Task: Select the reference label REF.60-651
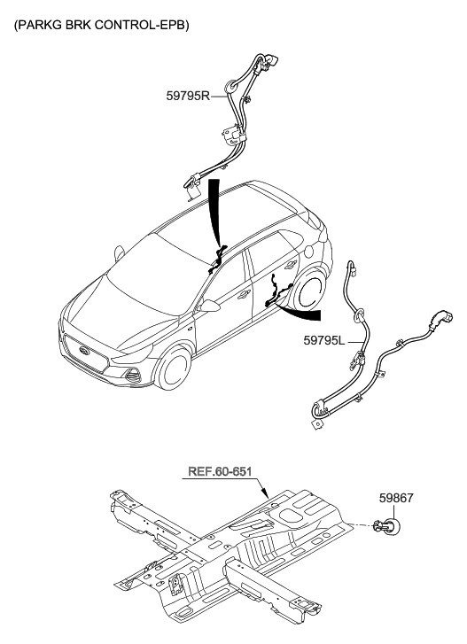pyautogui.click(x=226, y=471)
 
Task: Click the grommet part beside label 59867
pyautogui.click(x=385, y=529)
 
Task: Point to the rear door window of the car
pyautogui.click(x=270, y=252)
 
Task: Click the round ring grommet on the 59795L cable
pyautogui.click(x=361, y=313)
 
